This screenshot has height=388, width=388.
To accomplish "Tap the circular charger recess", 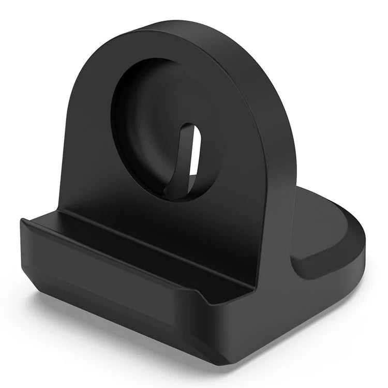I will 155,119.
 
